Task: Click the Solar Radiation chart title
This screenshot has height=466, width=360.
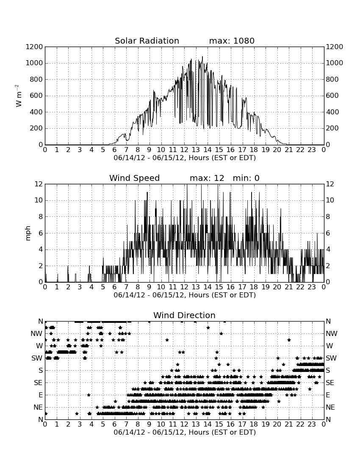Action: coord(147,41)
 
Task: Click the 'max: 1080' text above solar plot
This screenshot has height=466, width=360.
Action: coord(232,41)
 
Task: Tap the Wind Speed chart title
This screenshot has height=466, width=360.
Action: coord(135,178)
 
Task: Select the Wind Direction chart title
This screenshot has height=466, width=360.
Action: coord(185,315)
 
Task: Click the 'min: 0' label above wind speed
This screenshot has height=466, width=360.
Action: coord(246,178)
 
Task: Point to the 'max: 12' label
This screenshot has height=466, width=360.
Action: coord(207,178)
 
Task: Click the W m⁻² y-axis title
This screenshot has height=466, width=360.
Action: coord(18,96)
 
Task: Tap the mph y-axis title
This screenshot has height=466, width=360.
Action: coord(28,233)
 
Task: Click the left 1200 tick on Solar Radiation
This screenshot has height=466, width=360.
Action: coord(34,47)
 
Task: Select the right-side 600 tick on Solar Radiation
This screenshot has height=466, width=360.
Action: coord(332,96)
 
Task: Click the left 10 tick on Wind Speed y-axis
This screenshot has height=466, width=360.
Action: coord(39,200)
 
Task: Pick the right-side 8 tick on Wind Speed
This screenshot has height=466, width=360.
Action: coord(328,216)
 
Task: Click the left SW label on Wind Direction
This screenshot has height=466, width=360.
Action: coord(37,358)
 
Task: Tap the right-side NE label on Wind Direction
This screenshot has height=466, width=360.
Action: coord(330,408)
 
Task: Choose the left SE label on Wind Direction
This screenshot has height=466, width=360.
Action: coord(38,383)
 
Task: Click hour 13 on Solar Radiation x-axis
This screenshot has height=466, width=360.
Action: coord(196,150)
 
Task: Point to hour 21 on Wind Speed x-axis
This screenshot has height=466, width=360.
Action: coord(288,287)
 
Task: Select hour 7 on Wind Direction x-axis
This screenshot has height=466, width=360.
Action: coord(126,424)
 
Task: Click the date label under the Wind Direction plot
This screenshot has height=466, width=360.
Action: coord(185,432)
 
